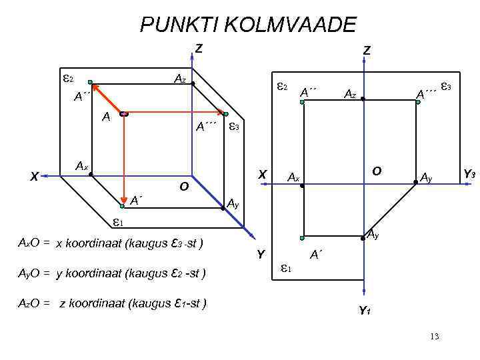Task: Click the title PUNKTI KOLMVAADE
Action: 248,25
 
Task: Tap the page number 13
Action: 435,336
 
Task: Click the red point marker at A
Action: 123,115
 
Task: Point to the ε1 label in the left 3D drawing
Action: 117,221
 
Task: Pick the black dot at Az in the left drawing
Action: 193,85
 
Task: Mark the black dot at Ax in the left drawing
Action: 91,175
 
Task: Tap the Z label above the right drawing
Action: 367,50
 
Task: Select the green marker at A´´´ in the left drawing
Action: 225,114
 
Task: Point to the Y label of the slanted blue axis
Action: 261,254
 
